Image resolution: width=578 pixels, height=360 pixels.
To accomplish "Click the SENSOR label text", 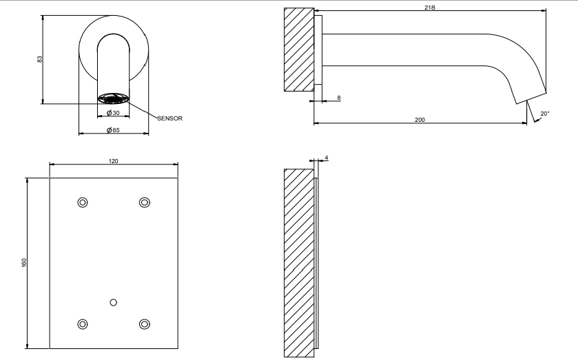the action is [x=169, y=118].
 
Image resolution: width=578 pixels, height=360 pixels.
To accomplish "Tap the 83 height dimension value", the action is [x=39, y=59].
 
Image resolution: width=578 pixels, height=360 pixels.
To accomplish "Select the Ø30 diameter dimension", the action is [x=113, y=113].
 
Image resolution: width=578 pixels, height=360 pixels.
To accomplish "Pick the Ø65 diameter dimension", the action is [x=113, y=130].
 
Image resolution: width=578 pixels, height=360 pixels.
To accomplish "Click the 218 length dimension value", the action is [x=430, y=7].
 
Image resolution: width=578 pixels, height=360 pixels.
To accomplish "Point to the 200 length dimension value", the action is [x=420, y=120].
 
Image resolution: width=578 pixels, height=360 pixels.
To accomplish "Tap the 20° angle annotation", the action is [x=545, y=114].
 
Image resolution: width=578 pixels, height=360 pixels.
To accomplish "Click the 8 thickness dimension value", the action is [x=339, y=98].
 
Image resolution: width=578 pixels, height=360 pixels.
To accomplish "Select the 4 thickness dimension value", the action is [x=327, y=158].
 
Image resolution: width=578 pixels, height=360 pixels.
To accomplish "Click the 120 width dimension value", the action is [x=114, y=161].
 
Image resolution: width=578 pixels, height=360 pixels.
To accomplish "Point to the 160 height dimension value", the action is [x=24, y=262].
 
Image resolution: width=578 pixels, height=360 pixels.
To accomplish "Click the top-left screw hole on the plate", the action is [x=83, y=202].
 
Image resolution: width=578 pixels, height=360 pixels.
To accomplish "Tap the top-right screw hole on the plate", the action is [x=145, y=202].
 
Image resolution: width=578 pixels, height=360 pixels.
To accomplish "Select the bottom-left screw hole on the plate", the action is [x=83, y=324].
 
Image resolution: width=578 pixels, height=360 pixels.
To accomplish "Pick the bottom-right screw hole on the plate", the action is [x=145, y=324].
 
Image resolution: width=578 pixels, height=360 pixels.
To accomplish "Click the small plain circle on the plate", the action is [x=114, y=302].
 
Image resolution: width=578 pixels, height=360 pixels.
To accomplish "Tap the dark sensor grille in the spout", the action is [x=114, y=98].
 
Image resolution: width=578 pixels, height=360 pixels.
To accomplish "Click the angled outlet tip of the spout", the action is [x=530, y=97].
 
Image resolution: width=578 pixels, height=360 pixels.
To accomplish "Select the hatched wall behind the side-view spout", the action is [x=299, y=50].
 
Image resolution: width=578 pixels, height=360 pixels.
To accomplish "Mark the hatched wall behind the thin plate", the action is [x=299, y=263].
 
